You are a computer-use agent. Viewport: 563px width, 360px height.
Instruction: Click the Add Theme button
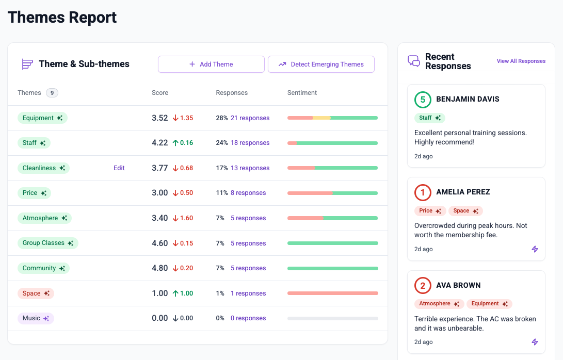pos(211,64)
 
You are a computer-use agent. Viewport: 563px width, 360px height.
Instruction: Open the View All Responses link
pos(521,61)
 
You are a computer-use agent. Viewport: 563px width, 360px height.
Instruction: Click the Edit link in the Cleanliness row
pos(119,168)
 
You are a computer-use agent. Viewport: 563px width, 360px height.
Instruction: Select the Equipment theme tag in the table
pos(42,118)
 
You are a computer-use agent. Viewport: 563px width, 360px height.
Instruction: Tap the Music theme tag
pos(36,318)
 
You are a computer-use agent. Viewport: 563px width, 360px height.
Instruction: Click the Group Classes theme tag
pos(48,243)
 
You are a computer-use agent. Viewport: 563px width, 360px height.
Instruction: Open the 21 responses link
pos(250,118)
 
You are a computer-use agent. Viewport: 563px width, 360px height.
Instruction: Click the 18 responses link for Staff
pos(250,143)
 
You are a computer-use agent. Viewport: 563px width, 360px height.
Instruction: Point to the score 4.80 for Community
pos(160,268)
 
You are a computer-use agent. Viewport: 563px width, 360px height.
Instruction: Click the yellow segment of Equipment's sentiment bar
pos(321,118)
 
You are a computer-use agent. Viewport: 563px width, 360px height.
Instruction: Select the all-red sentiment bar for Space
pos(332,293)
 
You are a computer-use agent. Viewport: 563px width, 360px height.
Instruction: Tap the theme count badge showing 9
pos(52,93)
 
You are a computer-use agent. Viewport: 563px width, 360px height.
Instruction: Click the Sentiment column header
pos(302,93)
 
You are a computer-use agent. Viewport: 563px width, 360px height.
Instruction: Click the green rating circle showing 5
pos(423,100)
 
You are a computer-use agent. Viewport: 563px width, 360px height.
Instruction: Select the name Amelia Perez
pos(463,192)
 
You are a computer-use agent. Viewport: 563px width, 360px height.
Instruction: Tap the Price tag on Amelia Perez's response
pos(430,211)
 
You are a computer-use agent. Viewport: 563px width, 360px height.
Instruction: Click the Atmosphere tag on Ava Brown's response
pos(439,304)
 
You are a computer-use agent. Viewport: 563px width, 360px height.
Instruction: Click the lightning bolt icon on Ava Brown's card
pos(535,342)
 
